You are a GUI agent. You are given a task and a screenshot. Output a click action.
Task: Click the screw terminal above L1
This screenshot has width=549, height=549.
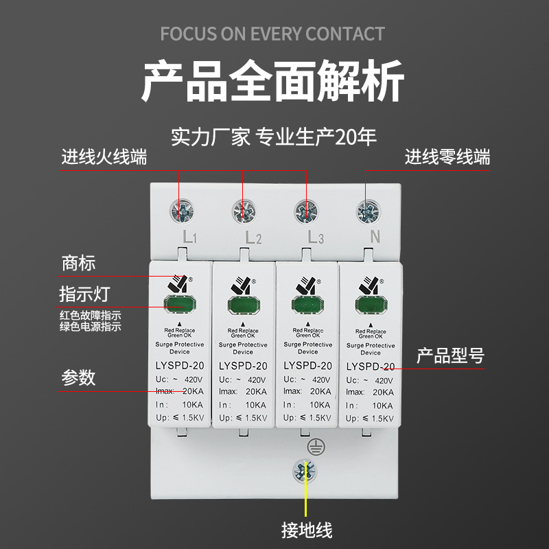pyautogui.click(x=182, y=211)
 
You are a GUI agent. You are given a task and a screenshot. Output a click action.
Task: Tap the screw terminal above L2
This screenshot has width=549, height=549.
pyautogui.click(x=243, y=211)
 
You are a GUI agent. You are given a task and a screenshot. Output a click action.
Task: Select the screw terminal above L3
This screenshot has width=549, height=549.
pyautogui.click(x=305, y=211)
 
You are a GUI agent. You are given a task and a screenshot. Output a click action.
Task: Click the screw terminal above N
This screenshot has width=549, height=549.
pyautogui.click(x=366, y=211)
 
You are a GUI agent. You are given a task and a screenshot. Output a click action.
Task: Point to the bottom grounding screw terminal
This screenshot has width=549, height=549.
pyautogui.click(x=306, y=471)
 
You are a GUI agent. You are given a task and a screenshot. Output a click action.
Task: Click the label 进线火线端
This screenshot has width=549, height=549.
pyautogui.click(x=104, y=157)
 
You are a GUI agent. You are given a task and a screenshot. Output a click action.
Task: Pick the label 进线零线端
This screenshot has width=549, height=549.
pyautogui.click(x=447, y=157)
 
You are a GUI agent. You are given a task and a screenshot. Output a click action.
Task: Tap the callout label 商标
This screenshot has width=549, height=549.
pyautogui.click(x=79, y=263)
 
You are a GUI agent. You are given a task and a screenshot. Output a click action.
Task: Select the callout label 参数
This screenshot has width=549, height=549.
pyautogui.click(x=79, y=377)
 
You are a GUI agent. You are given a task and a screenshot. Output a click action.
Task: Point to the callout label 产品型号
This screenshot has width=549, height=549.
pyautogui.click(x=451, y=356)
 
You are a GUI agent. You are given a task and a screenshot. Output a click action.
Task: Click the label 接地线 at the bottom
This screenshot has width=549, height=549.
pyautogui.click(x=307, y=530)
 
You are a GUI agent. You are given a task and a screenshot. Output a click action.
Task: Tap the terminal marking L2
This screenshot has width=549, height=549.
pyautogui.click(x=253, y=238)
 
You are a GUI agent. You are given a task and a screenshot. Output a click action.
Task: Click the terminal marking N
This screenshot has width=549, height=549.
pyautogui.click(x=375, y=237)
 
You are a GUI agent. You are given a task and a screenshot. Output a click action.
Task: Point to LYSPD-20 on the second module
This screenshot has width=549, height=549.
pyautogui.click(x=242, y=366)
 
